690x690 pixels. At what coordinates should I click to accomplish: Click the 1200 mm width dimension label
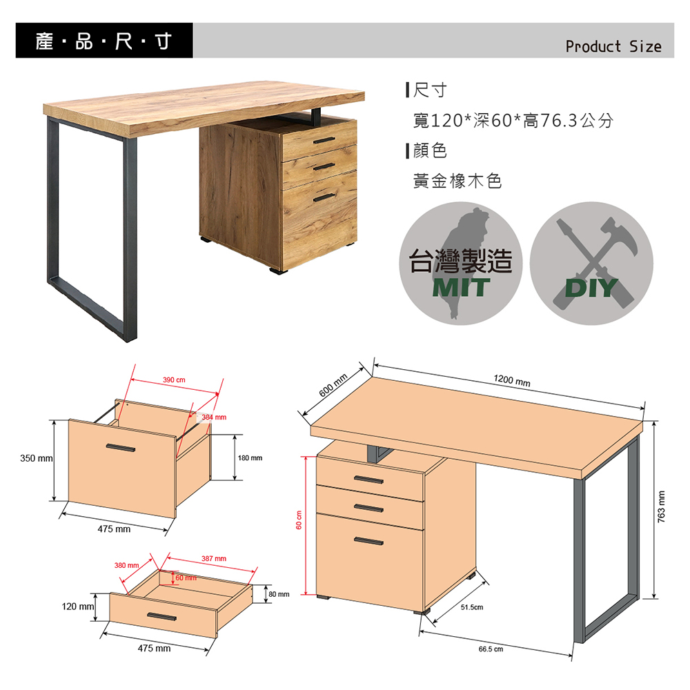pos(512,381)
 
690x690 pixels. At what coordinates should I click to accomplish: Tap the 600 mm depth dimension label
pos(333,385)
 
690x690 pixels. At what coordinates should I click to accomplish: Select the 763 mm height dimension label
pos(661,506)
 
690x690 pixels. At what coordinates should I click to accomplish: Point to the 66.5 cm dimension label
pos(491,649)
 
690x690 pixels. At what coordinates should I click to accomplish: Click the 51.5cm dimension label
pos(472,607)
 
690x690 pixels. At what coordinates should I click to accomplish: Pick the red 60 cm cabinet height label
pos(299,520)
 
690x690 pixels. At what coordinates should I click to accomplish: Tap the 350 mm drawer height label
pos(37,458)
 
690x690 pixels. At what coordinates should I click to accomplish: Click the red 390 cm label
pos(174,379)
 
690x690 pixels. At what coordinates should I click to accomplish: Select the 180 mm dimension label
pos(250,458)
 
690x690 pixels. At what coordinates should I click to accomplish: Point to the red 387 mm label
pos(214,558)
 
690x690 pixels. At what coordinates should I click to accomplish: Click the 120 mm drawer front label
pos(78,607)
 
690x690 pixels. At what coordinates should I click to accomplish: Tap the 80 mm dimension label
pos(279,594)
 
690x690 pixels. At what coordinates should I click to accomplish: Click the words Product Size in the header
pos(613,46)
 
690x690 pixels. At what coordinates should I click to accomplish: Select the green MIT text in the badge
pos(461,287)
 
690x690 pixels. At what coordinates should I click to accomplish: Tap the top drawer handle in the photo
pos(324,140)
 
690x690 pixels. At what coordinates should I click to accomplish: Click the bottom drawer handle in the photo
pos(324,197)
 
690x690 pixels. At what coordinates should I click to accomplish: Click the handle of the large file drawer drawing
pos(121,448)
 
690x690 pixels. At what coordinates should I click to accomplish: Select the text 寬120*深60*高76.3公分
pos(513,120)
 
